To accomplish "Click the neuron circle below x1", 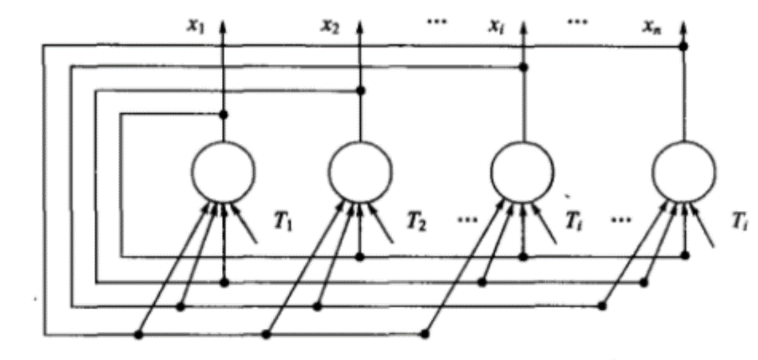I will pyautogui.click(x=223, y=169).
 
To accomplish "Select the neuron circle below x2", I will pyautogui.click(x=360, y=169).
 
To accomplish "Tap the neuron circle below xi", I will pyautogui.click(x=522, y=169).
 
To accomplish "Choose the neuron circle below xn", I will pyautogui.click(x=684, y=169).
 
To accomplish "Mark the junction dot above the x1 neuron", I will pyautogui.click(x=223, y=115).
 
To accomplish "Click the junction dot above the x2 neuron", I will pyautogui.click(x=360, y=91).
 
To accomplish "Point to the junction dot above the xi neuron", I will pyautogui.click(x=522, y=68).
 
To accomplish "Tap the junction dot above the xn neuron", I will pyautogui.click(x=684, y=47).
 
